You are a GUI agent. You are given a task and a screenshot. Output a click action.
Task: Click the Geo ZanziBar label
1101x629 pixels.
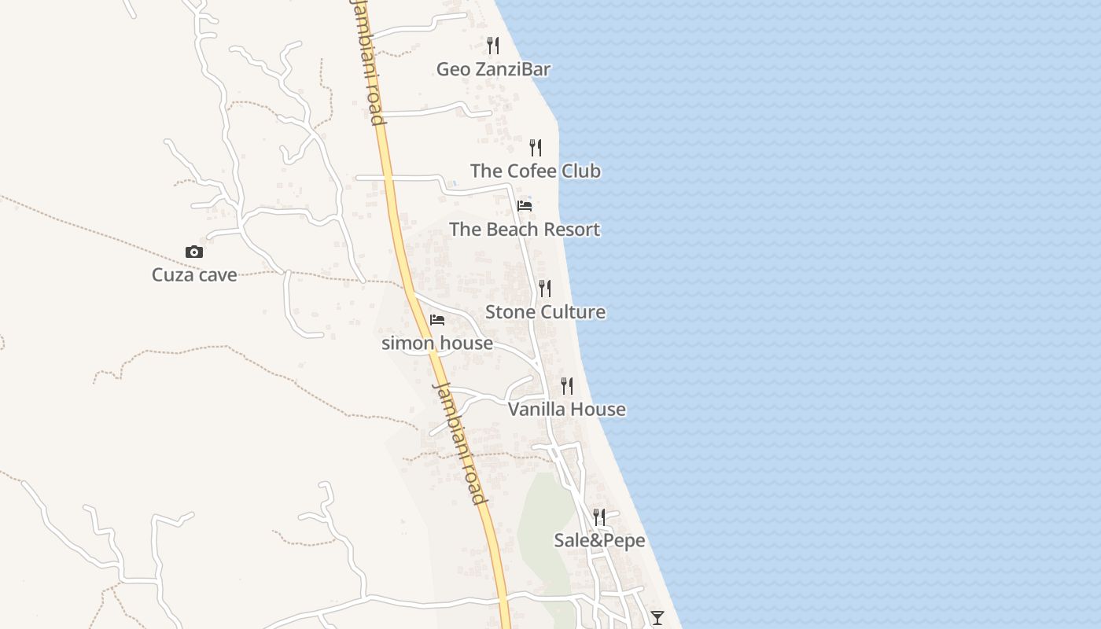pyautogui.click(x=493, y=69)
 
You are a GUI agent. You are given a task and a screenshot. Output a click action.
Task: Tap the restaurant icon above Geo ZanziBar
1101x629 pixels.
pyautogui.click(x=493, y=45)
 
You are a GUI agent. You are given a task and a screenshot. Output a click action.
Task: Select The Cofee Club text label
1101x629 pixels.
pyautogui.click(x=535, y=171)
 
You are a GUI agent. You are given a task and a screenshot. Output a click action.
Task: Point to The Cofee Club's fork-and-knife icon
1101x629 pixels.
pyautogui.click(x=536, y=147)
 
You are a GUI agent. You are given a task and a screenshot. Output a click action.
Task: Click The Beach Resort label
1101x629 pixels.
pyautogui.click(x=525, y=230)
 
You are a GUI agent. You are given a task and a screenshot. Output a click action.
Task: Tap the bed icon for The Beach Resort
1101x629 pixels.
pyautogui.click(x=525, y=206)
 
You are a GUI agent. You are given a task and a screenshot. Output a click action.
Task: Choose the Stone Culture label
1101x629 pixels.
pyautogui.click(x=545, y=312)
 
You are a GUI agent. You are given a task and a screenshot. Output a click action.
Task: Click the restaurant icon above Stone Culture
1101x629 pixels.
pyautogui.click(x=545, y=289)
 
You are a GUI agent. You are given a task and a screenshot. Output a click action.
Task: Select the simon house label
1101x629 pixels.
pyautogui.click(x=437, y=344)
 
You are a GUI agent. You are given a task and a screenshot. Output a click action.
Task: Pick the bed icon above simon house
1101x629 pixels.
pyautogui.click(x=437, y=320)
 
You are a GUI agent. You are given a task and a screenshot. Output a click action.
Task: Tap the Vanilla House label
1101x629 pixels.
pyautogui.click(x=567, y=410)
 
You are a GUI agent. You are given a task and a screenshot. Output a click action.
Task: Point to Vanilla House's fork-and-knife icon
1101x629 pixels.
pyautogui.click(x=567, y=386)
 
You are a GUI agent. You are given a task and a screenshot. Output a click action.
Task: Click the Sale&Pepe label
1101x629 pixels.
pyautogui.click(x=599, y=541)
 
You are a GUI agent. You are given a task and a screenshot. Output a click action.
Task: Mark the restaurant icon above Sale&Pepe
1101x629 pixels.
pyautogui.click(x=599, y=517)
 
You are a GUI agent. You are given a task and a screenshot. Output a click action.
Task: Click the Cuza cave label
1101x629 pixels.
pyautogui.click(x=194, y=275)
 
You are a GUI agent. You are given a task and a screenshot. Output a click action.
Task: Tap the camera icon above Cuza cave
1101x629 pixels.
pyautogui.click(x=194, y=252)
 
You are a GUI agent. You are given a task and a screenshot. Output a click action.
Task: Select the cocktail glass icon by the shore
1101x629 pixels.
pyautogui.click(x=657, y=617)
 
